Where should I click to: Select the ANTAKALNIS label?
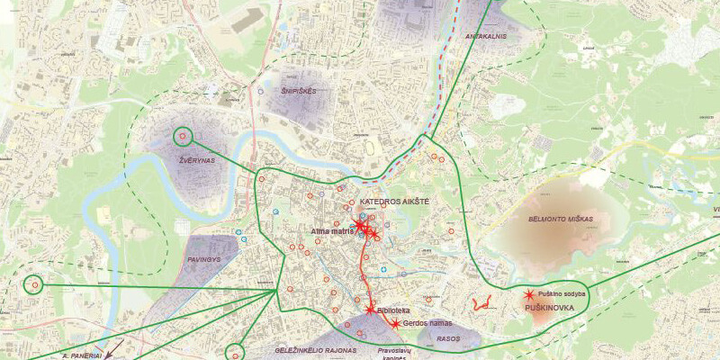point(486,37)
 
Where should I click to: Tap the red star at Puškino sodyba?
point(528,295)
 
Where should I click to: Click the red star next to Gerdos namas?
point(395,323)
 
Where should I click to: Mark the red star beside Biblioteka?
point(370,310)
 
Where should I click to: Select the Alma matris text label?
point(330,231)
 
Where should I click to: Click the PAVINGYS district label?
point(203,259)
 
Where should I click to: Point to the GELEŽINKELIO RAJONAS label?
point(315,349)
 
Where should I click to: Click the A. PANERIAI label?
point(84,355)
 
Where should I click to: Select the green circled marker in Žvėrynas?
point(184,137)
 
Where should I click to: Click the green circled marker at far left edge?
point(34,284)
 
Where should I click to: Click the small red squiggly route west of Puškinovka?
point(479,303)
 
